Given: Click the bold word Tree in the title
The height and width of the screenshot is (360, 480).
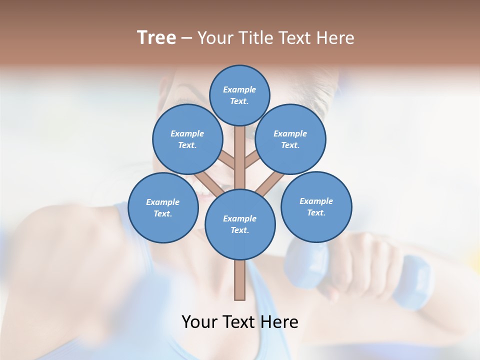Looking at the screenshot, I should coord(156,38).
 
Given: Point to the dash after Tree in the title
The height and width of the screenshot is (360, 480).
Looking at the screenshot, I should coord(186,38).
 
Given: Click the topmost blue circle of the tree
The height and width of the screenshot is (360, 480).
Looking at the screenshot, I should coord(239,95).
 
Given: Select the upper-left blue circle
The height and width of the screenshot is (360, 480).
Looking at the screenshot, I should coord(187,139).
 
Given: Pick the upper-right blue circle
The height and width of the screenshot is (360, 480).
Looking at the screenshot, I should coord(290,139).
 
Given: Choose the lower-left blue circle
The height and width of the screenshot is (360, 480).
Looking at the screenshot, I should coord(162,207).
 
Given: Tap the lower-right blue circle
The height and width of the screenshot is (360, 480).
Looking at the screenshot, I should coord(316,206).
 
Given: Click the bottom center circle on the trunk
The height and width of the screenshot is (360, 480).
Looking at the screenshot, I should coord(239,224).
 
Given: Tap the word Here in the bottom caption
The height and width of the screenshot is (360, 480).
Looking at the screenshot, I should coord(280,322).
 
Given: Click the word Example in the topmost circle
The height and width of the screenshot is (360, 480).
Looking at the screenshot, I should coord(239,89).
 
